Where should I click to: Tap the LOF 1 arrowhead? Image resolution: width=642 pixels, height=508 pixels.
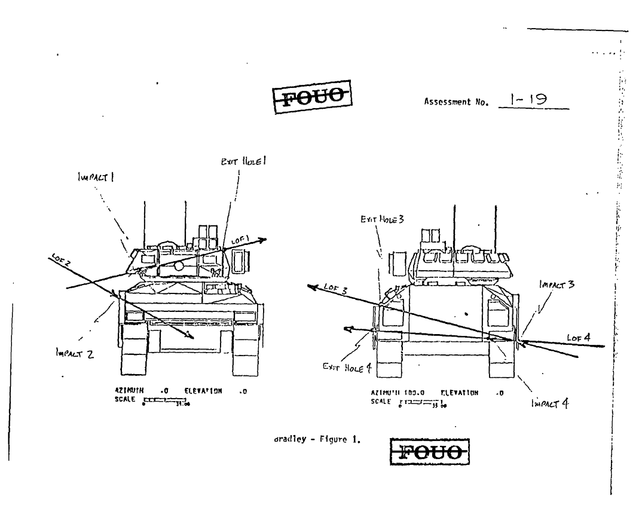263,239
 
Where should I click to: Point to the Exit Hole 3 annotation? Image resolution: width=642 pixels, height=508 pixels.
382,220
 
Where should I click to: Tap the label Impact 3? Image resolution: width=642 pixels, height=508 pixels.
556,285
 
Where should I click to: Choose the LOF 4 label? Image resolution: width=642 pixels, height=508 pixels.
579,338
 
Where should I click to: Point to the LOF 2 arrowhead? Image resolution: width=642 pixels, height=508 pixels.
190,337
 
